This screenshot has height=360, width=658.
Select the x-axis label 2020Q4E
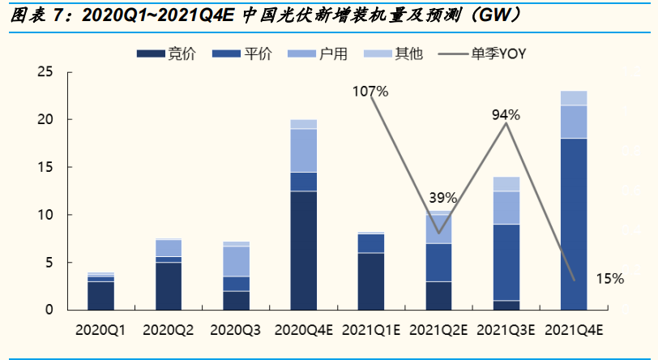click(304, 330)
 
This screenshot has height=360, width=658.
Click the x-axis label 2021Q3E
click(506, 330)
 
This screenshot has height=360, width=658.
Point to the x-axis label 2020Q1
click(100, 330)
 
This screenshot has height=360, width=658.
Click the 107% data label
click(370, 92)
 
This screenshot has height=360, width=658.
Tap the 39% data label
click(443, 198)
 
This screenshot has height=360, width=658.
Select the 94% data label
click(506, 115)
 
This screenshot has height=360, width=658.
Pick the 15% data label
click(609, 279)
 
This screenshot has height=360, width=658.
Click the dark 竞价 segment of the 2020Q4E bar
click(304, 250)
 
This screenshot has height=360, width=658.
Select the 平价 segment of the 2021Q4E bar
click(574, 224)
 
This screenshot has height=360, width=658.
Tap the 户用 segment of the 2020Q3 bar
click(236, 261)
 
